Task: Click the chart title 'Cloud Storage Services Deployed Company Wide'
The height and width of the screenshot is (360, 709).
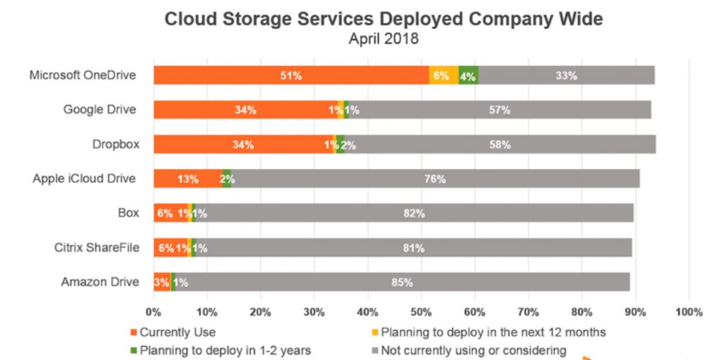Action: pos(383,19)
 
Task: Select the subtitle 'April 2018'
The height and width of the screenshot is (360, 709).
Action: pos(383,39)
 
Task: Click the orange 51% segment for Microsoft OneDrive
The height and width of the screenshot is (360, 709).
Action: pos(291,75)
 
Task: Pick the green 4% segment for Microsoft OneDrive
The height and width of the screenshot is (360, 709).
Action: pos(467,75)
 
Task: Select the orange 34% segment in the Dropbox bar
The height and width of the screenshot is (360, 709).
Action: pos(243,144)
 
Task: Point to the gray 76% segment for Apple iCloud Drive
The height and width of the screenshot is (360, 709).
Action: pos(435,179)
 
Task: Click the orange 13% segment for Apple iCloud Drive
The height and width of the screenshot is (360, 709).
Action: pos(188,179)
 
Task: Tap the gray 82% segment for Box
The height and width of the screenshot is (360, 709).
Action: pos(414,213)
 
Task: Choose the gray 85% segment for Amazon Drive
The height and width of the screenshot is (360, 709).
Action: pos(402,282)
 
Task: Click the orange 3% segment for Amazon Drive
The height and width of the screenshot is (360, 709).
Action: pos(162,282)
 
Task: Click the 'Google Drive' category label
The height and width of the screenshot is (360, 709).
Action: pos(100,109)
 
